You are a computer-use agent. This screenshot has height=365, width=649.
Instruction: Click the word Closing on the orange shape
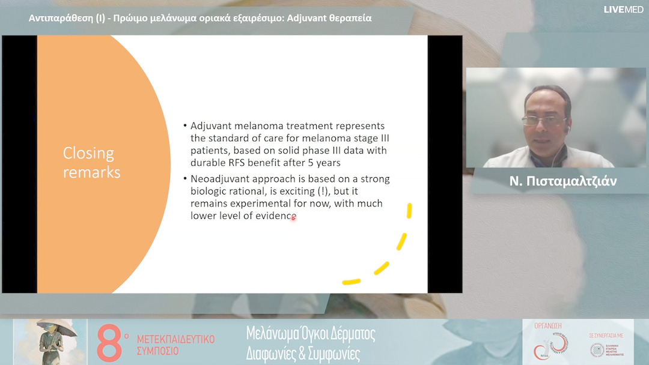click(88, 154)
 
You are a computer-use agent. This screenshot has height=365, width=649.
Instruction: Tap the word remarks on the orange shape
click(92, 173)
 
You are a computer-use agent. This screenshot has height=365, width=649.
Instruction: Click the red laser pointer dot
click(293, 218)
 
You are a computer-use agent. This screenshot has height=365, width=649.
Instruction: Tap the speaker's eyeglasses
click(543, 120)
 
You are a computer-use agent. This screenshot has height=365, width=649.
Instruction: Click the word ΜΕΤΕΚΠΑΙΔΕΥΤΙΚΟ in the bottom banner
click(175, 339)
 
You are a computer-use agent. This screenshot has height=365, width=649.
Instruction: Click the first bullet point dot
click(185, 127)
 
